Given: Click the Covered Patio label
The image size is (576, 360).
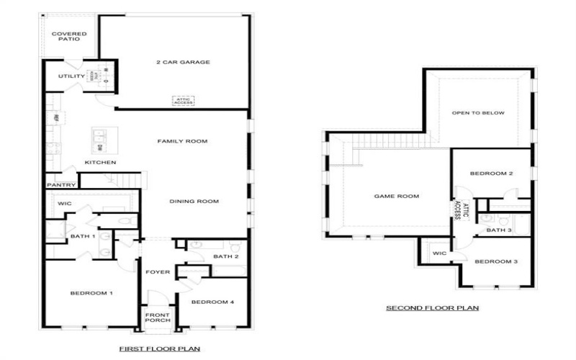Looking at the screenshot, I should tap(68, 37).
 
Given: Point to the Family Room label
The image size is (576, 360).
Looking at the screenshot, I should tap(182, 141).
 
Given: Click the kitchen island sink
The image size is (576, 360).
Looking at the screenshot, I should tap(99, 138).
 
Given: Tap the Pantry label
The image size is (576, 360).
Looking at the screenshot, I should tap(60, 185).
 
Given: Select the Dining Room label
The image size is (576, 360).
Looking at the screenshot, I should tap(194, 201).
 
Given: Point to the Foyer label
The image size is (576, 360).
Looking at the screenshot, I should tap(158, 272).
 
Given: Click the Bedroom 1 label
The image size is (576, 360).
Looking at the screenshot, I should tap(91, 293).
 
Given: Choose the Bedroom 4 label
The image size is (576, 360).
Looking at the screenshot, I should tap(213, 302).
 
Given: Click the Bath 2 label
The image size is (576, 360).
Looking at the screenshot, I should tap(225, 257).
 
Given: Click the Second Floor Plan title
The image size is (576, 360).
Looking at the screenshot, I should tap(432, 308).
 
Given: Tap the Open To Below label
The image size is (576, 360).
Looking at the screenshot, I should tap(478, 113).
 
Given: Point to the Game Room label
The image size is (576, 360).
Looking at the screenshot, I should tap(396, 196).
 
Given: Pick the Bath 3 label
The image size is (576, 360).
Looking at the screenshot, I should tap(498, 230).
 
